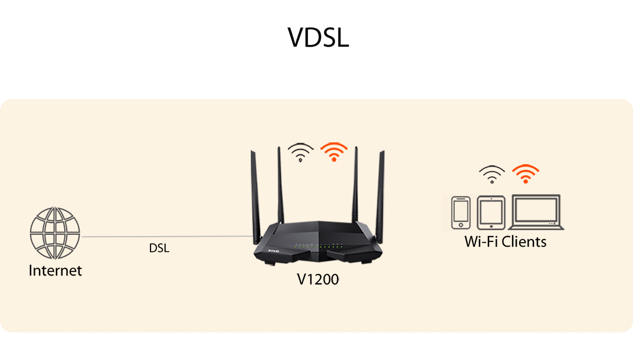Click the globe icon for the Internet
coord(55,234)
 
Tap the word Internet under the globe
coord(55,271)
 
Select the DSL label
coord(159,248)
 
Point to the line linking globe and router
coord(165,237)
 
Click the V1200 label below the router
coord(317,279)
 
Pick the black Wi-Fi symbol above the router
coord(301,152)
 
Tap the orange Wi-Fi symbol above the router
coord(334,152)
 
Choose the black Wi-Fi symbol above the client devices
coord(492,174)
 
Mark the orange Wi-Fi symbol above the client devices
coord(525,174)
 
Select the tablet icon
coord(491,212)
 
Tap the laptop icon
coord(536,212)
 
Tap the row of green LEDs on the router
coord(319,246)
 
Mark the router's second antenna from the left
coord(280,183)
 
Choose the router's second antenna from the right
coord(356,183)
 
